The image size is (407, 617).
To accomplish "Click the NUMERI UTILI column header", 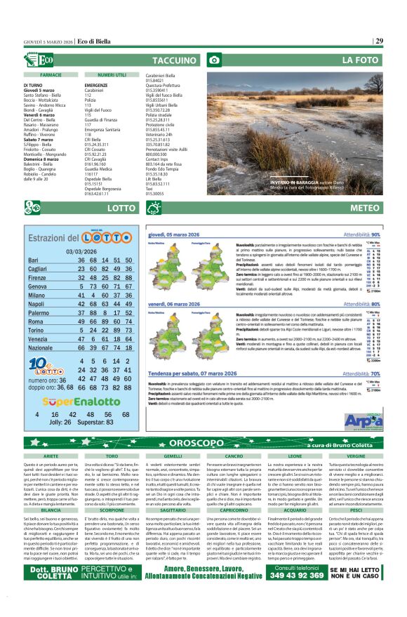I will point(112,74).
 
